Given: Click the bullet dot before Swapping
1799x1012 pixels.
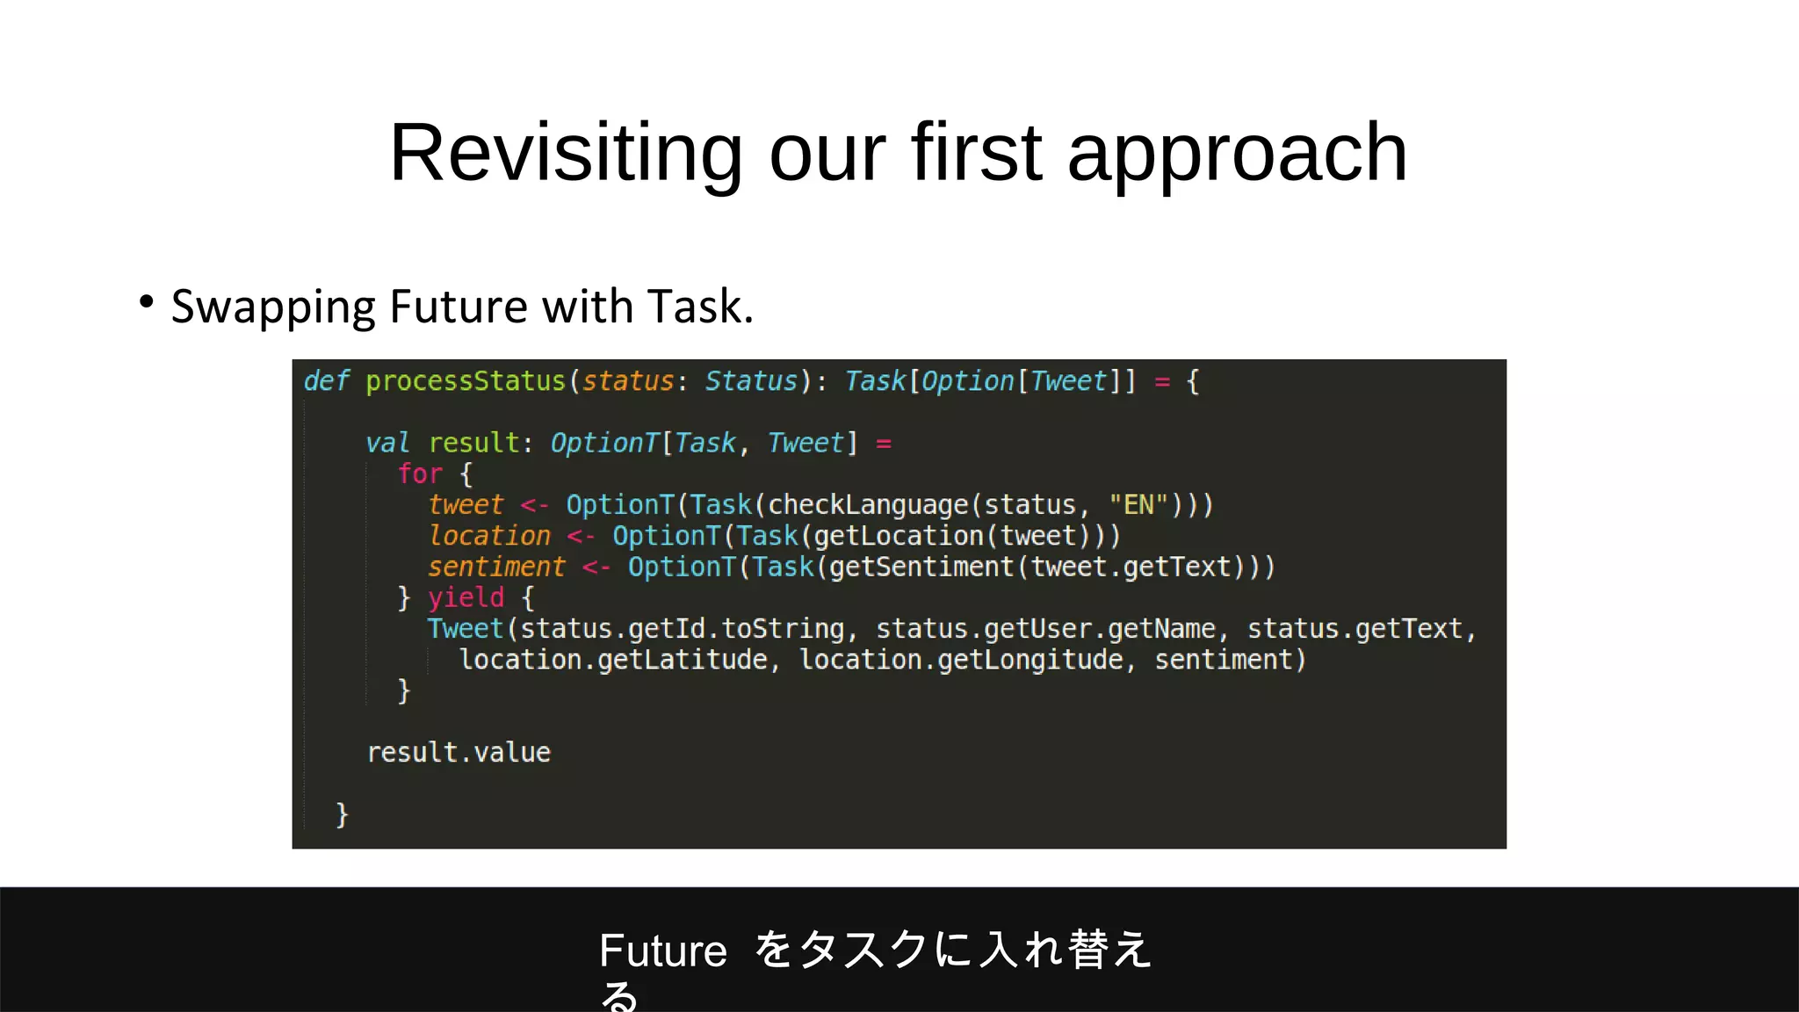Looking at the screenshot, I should pos(147,302).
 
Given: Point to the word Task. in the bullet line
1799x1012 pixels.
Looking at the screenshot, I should pos(700,307).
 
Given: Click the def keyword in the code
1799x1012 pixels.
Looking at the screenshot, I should pos(326,381).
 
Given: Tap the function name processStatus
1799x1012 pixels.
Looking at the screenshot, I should pos(466,381).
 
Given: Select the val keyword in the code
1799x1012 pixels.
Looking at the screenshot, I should pos(387,443).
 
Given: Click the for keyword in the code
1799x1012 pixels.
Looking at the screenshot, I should pos(420,474).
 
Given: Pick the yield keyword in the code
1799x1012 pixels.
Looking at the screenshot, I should pos(466,598).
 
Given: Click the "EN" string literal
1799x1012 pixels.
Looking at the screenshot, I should pos(1138,505).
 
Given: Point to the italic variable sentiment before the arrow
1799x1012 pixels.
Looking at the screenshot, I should pos(496,567).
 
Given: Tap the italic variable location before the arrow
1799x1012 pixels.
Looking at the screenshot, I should pos(489,536).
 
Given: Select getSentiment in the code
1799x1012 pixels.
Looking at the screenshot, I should pos(921,567).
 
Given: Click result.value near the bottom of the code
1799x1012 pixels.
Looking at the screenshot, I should pos(459,753).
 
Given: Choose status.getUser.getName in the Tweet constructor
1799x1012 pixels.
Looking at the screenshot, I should pos(1045,629).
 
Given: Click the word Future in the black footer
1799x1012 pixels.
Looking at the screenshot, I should pos(663,951).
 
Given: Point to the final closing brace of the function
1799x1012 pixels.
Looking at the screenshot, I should pos(342,814).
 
